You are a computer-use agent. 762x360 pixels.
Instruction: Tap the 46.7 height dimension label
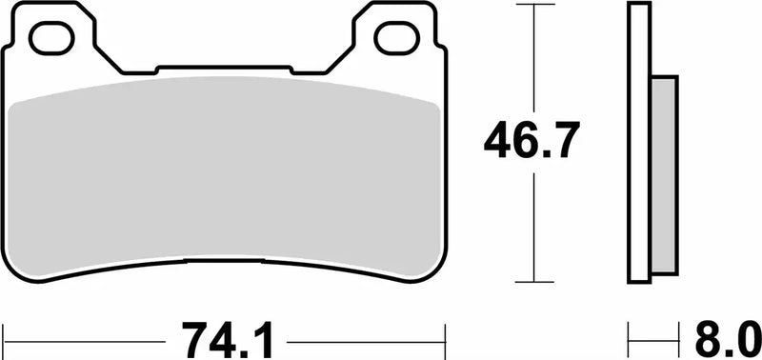point(531,143)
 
